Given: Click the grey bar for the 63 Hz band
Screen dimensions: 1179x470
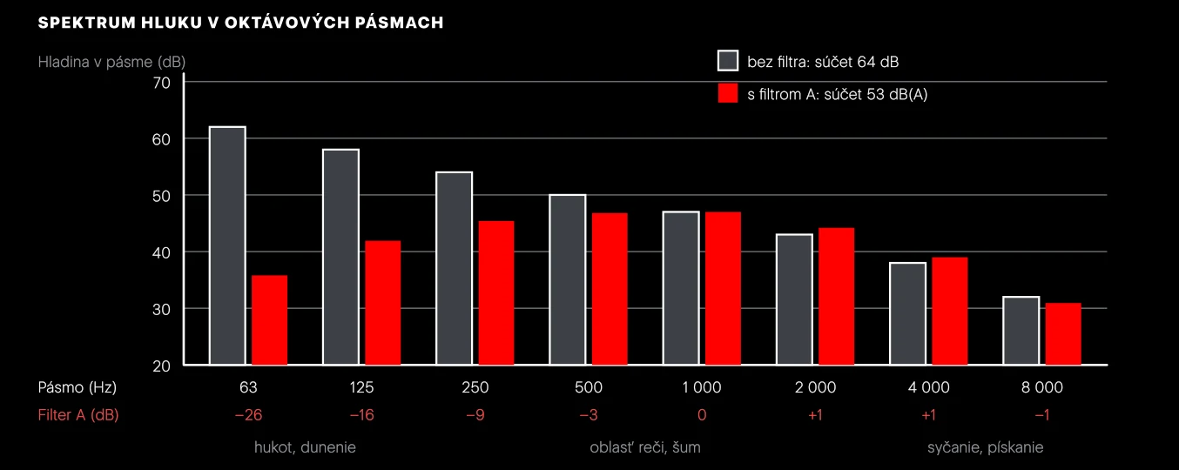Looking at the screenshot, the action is [227, 245].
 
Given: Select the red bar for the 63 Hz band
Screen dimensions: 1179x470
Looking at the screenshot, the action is [269, 319].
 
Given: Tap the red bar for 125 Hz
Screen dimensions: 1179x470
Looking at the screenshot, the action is [382, 303].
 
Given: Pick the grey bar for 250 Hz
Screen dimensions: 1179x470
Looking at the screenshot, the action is [455, 268].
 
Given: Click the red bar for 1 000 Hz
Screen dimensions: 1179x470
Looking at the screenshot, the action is [724, 288].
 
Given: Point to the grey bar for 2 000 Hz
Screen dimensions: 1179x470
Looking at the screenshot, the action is [794, 299].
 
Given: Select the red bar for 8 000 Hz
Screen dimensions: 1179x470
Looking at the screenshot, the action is [1063, 333].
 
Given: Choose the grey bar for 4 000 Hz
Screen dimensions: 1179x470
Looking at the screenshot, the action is [908, 313].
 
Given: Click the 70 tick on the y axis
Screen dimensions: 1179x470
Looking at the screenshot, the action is [162, 83].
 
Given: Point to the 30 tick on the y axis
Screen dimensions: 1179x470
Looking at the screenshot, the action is [162, 310].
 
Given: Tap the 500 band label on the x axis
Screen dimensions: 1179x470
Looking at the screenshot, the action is [589, 387].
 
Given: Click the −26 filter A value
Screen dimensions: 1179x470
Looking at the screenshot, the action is [248, 415].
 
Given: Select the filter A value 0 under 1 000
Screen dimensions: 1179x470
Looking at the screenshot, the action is [702, 415].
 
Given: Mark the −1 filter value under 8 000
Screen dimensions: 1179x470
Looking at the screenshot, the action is [1042, 415].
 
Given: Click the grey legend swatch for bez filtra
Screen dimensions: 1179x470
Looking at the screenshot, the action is [728, 61].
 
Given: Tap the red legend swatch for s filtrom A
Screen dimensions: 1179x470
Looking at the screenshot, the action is [728, 93].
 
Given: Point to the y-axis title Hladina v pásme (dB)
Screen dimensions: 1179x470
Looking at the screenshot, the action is [111, 62].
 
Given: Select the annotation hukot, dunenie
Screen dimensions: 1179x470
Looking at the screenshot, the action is [305, 447].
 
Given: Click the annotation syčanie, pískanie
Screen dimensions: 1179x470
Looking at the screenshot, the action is [986, 447].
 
